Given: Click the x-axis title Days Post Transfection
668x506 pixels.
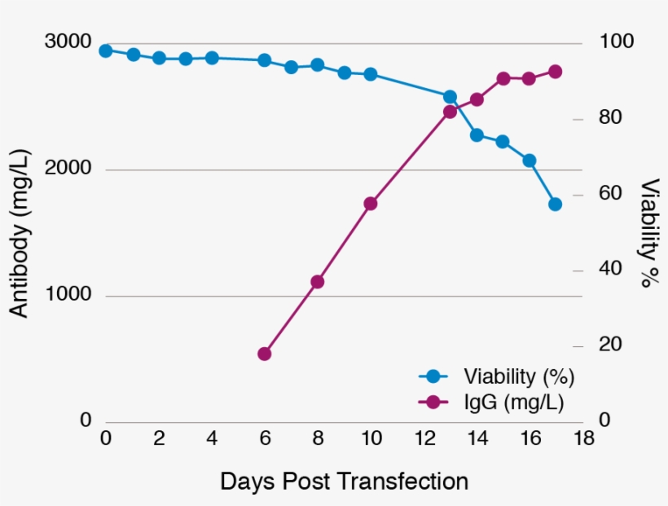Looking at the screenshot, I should (x=344, y=482).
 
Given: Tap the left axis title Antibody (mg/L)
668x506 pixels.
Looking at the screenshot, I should (x=19, y=233).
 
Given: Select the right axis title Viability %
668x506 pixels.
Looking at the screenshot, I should (x=649, y=233).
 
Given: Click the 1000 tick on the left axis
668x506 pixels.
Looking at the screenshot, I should (x=68, y=295).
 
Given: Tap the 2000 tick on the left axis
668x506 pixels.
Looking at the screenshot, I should (x=68, y=169).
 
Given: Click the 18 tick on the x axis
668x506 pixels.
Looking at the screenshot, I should (x=583, y=438).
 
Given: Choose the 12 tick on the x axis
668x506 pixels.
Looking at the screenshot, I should (x=424, y=438).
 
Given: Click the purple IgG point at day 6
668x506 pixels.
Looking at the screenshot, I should (x=265, y=354).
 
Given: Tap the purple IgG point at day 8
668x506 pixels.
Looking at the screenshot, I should (x=318, y=282).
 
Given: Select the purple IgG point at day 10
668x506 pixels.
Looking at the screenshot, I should (x=371, y=204).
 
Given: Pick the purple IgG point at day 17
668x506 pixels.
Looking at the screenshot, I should (x=556, y=72).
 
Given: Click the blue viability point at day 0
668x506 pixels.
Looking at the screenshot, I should (x=106, y=51).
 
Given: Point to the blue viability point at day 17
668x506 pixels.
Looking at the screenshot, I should (x=556, y=205).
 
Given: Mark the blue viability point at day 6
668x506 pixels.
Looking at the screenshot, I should (x=265, y=60).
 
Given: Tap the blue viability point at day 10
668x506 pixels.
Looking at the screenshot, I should (x=371, y=74).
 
